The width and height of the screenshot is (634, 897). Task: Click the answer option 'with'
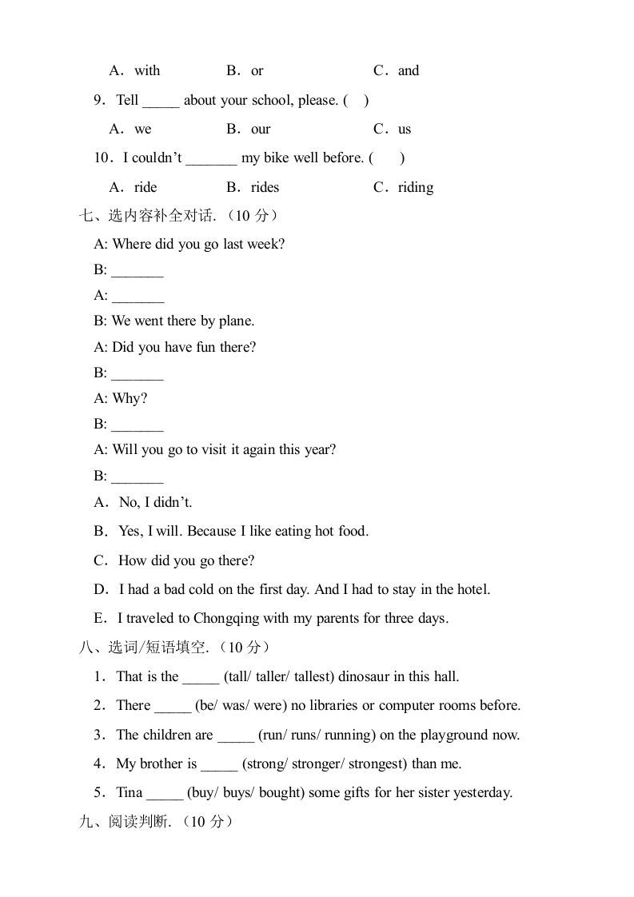point(147,70)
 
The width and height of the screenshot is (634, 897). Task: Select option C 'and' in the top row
point(408,70)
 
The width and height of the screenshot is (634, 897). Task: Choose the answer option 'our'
point(261,129)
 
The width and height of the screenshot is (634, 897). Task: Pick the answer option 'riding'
point(415,187)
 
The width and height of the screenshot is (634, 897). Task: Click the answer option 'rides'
point(265,187)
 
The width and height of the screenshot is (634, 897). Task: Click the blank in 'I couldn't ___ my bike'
point(211,159)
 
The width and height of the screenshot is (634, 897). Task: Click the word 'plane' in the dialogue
point(236,321)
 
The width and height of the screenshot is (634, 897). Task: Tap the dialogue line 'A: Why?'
point(121,398)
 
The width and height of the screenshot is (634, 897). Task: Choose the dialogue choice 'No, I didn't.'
point(155,502)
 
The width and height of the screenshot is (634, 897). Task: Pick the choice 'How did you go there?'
point(186,560)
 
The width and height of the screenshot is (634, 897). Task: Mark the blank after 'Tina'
point(165,794)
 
